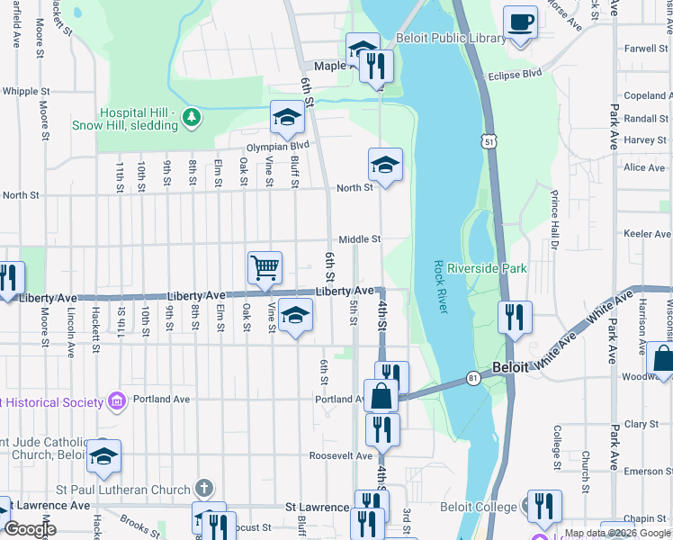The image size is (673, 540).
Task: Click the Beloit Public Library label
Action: click(451, 39)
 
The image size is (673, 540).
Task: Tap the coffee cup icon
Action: click(520, 22)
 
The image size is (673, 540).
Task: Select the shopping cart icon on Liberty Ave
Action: click(265, 266)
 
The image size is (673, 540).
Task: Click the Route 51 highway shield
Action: click(488, 142)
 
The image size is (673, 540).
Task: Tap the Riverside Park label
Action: click(487, 268)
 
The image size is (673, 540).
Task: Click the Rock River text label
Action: click(440, 285)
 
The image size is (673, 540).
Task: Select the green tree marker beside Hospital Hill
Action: click(190, 116)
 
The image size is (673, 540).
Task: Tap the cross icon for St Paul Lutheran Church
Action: click(205, 490)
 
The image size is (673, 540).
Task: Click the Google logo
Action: click(29, 528)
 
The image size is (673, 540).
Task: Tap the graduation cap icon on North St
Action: click(385, 166)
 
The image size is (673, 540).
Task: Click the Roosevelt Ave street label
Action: click(341, 456)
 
